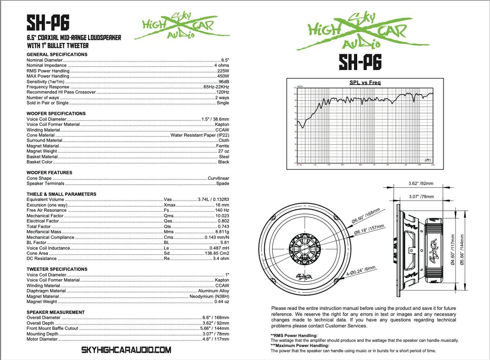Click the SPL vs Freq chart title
tap(365, 83)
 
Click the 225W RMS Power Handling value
tap(223, 71)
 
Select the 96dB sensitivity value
tap(224, 82)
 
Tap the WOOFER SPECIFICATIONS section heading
tap(56, 114)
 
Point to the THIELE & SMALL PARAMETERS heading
tap(61, 194)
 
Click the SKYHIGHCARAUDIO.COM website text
tap(126, 350)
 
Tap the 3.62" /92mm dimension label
tap(421, 183)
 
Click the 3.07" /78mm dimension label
tap(421, 197)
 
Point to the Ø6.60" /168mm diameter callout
tap(365, 217)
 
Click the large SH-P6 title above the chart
tap(360, 63)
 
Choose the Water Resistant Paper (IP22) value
tap(200, 135)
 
